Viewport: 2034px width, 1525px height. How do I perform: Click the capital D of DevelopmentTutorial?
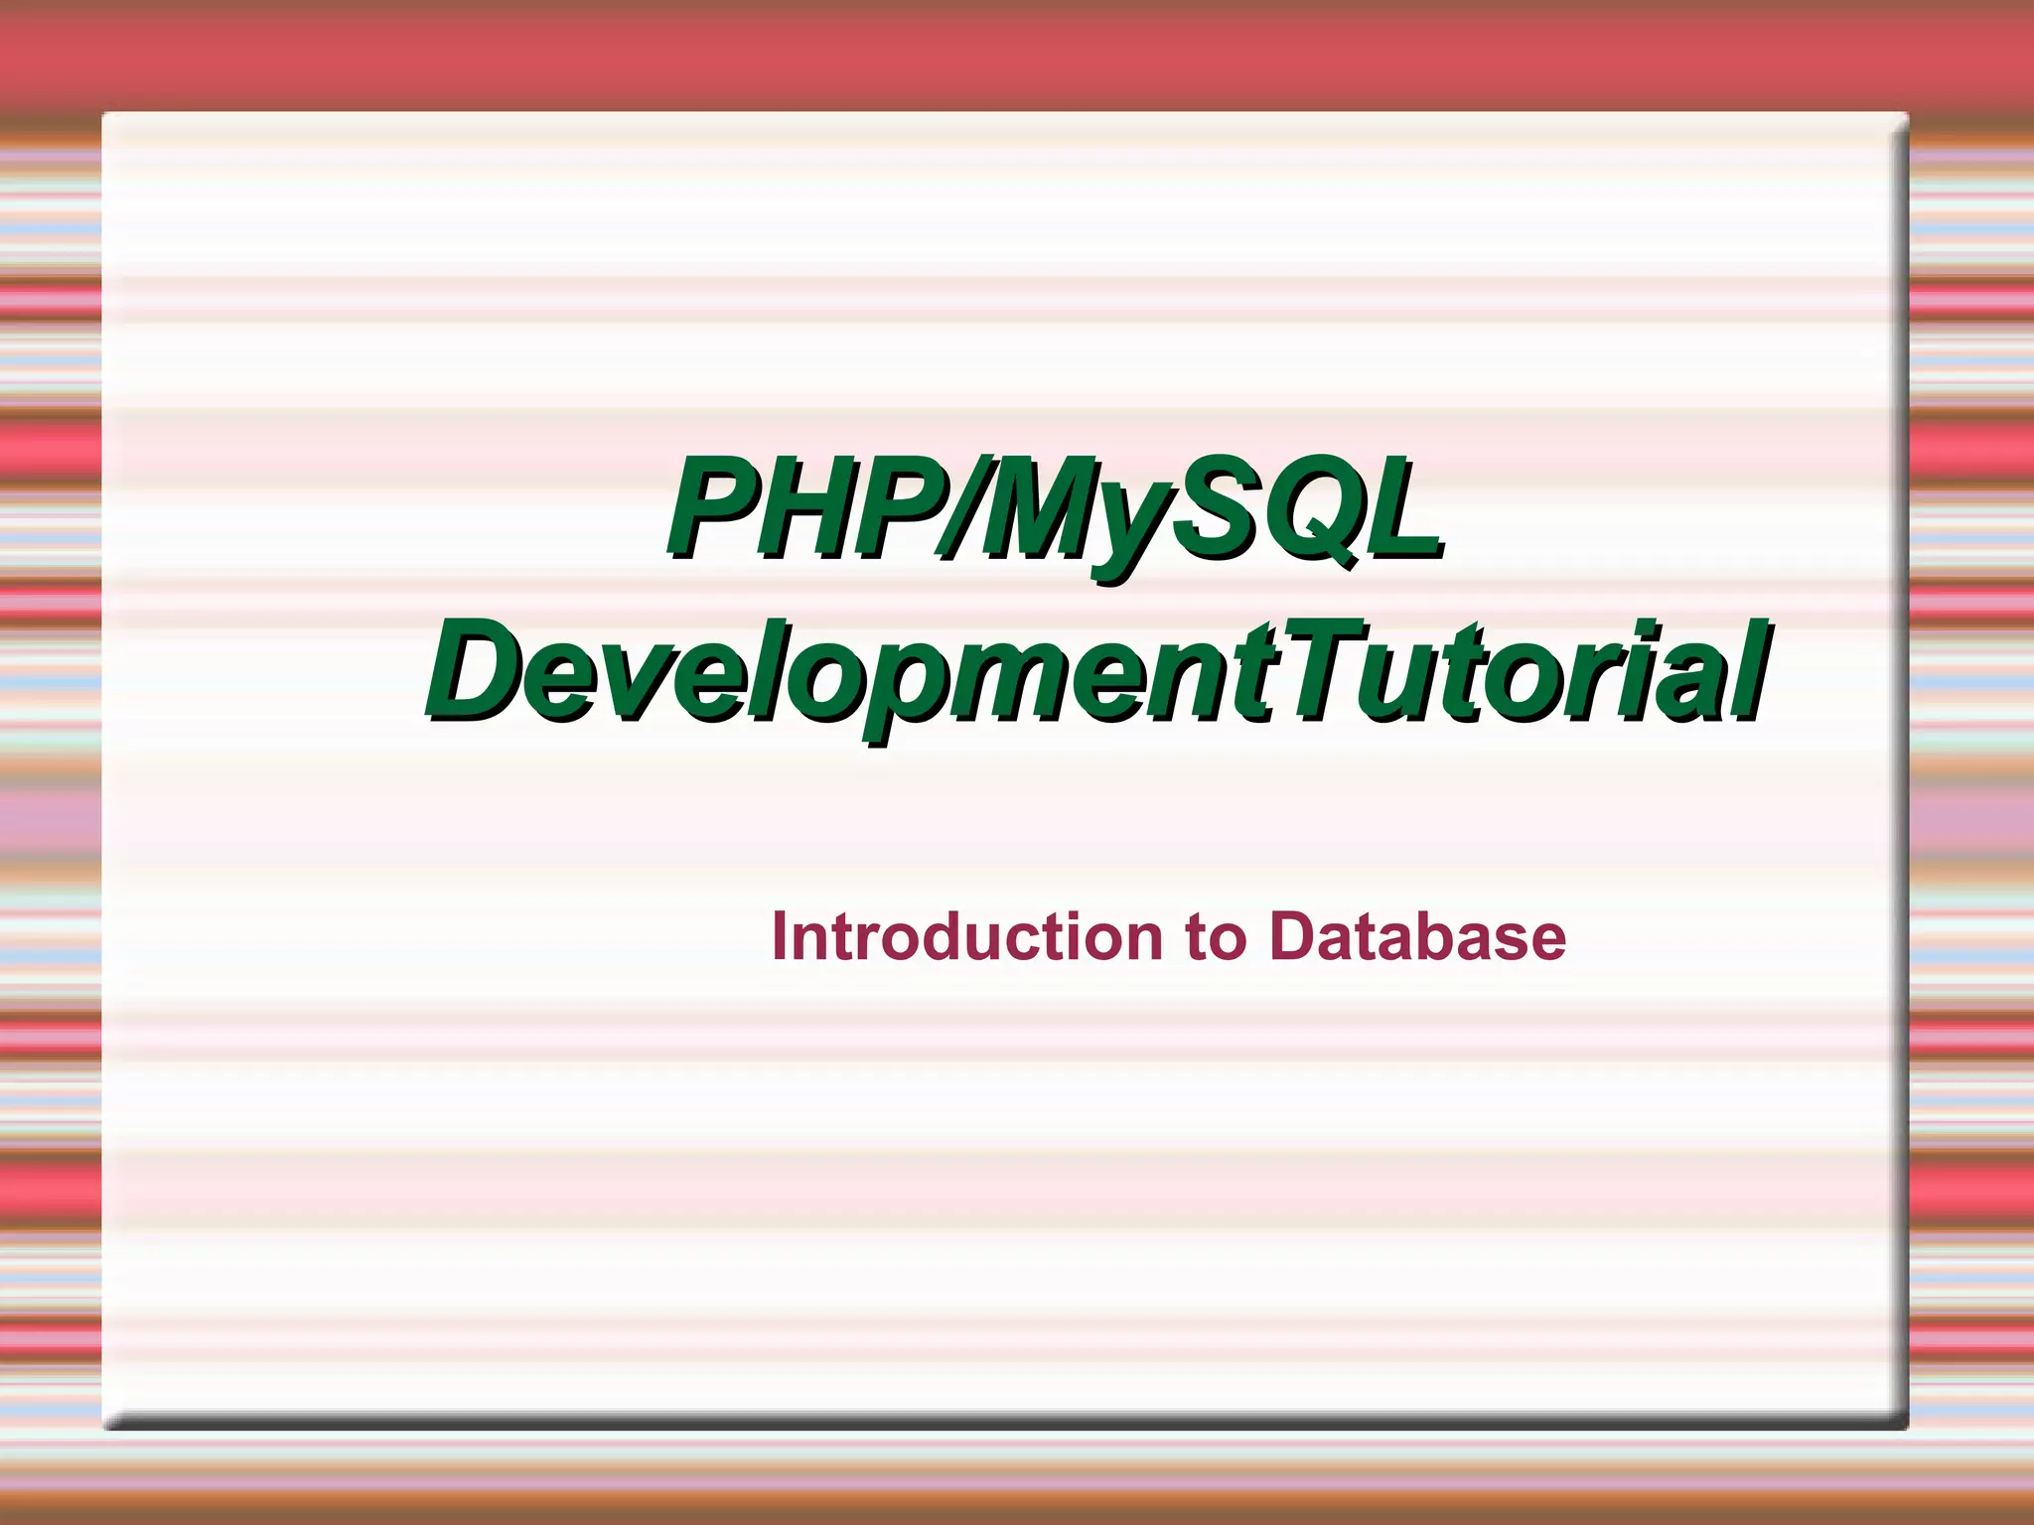tap(481, 669)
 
